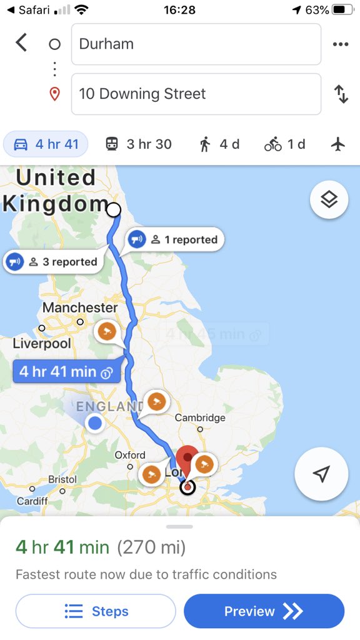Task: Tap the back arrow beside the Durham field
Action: pyautogui.click(x=22, y=43)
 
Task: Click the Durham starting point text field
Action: pyautogui.click(x=196, y=44)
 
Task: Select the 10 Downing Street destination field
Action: pyautogui.click(x=196, y=94)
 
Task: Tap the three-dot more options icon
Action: pyautogui.click(x=340, y=44)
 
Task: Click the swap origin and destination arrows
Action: pyautogui.click(x=341, y=94)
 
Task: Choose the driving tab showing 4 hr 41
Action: pyautogui.click(x=46, y=144)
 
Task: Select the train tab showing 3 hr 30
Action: pyautogui.click(x=138, y=144)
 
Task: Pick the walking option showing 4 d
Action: pyautogui.click(x=219, y=144)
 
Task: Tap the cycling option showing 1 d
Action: pyautogui.click(x=284, y=144)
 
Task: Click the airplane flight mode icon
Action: pyautogui.click(x=338, y=144)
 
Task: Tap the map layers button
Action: pyautogui.click(x=329, y=200)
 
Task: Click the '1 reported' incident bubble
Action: pyautogui.click(x=175, y=239)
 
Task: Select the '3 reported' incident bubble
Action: pyautogui.click(x=53, y=262)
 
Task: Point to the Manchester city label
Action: pyautogui.click(x=80, y=307)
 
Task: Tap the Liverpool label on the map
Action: pyautogui.click(x=42, y=343)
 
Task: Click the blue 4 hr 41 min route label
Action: pyautogui.click(x=66, y=372)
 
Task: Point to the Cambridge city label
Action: pyautogui.click(x=200, y=417)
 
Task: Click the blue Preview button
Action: pyautogui.click(x=264, y=611)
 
